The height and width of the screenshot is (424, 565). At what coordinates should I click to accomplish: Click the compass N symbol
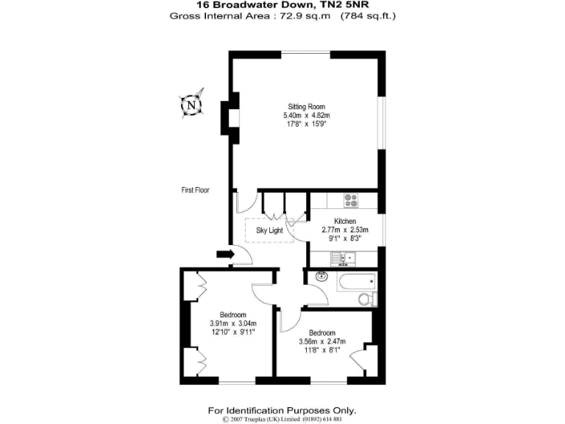coord(191,105)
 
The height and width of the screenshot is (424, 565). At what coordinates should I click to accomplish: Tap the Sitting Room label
coord(307,107)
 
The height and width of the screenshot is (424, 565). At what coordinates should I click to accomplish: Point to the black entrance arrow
coord(224,255)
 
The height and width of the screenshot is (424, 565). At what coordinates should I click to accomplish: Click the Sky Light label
coord(269,230)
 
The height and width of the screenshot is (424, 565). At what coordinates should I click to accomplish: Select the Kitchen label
coord(345,221)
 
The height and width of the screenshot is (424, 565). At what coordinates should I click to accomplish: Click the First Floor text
coord(196,190)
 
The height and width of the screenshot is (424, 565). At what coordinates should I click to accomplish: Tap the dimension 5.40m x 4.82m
coord(307,116)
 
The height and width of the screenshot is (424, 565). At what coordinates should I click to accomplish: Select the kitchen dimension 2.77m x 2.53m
coord(345,230)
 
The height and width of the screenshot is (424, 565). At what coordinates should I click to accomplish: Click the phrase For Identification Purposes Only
coord(282,410)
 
